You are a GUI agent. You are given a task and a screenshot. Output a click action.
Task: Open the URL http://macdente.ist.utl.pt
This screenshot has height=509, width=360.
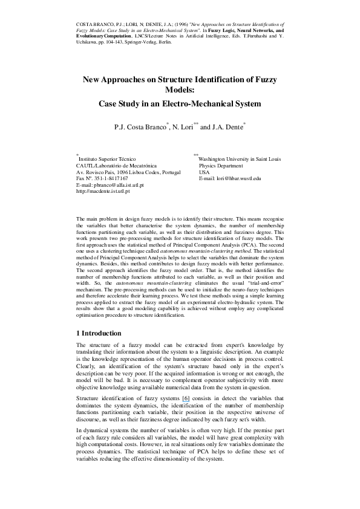pos(103,192)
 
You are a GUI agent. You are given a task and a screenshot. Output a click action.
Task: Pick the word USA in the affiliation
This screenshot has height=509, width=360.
pos(204,172)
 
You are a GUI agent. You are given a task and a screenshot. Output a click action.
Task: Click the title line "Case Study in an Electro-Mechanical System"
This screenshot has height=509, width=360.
pos(180,103)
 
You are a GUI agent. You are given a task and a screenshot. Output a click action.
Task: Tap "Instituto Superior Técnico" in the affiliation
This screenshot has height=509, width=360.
pos(108,158)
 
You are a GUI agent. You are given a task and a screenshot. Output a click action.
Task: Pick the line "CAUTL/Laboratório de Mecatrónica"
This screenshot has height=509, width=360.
pos(116,165)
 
